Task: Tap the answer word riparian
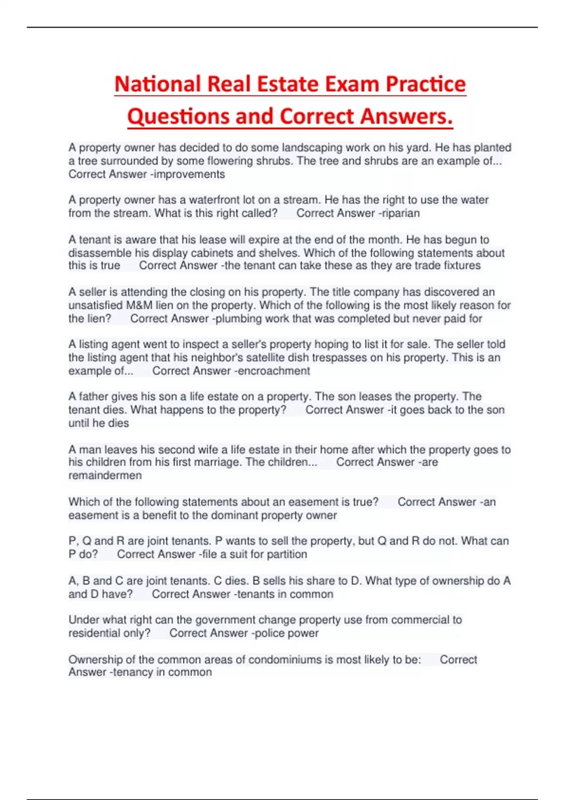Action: pyautogui.click(x=401, y=213)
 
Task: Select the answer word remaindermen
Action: pyautogui.click(x=105, y=475)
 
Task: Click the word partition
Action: pyautogui.click(x=287, y=554)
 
